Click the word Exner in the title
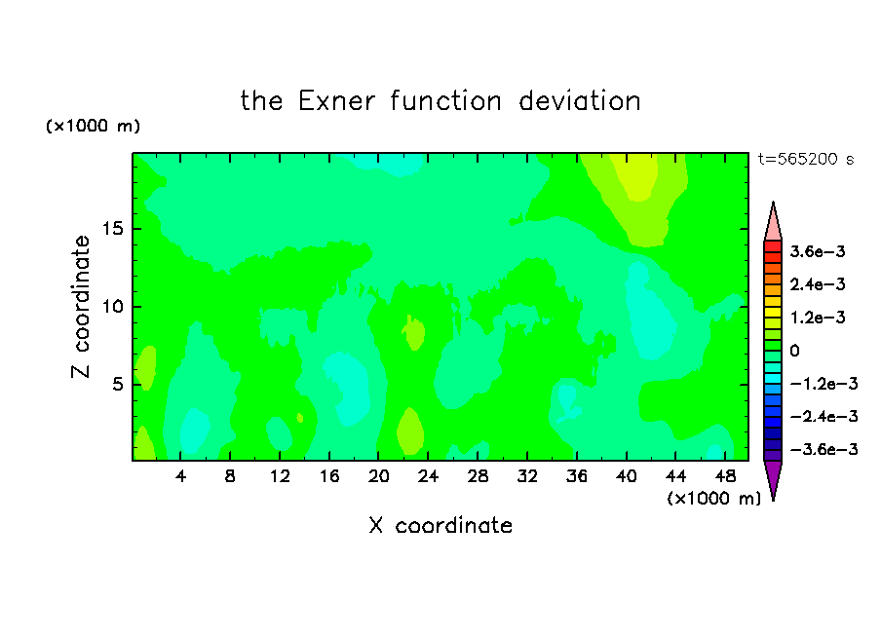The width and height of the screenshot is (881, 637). tap(336, 101)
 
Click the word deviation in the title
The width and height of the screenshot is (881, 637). tap(579, 101)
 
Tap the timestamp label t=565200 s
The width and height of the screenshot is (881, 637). tap(806, 159)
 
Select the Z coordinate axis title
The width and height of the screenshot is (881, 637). tap(81, 306)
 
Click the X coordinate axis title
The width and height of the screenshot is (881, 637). tap(440, 525)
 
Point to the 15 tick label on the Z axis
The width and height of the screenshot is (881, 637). tap(112, 228)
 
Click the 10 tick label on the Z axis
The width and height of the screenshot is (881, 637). tap(112, 306)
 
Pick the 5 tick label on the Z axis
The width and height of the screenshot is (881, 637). tap(117, 384)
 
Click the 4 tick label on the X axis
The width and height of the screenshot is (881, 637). tap(180, 477)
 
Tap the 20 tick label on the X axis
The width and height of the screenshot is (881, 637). tap(378, 477)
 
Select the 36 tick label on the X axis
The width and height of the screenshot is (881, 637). tap(577, 477)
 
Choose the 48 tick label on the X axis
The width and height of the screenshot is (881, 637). tap(725, 477)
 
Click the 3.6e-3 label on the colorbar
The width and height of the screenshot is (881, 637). tap(818, 251)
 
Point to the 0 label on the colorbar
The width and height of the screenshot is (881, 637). tap(794, 351)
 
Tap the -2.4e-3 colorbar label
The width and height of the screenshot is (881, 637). tap(824, 416)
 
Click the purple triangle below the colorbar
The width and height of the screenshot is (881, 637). tap(773, 478)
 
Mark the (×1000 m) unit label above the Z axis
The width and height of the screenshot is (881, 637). tap(93, 126)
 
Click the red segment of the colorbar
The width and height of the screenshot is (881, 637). tap(773, 246)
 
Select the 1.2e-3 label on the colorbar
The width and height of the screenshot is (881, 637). tap(818, 318)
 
